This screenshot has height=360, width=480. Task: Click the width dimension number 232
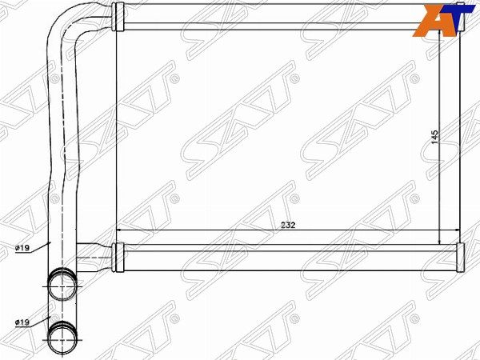[289, 226]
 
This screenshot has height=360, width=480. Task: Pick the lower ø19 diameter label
[22, 322]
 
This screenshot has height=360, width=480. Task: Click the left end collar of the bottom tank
[118, 255]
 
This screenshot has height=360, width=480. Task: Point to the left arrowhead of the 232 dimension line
[120, 230]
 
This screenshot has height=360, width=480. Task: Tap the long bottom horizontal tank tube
[288, 256]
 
